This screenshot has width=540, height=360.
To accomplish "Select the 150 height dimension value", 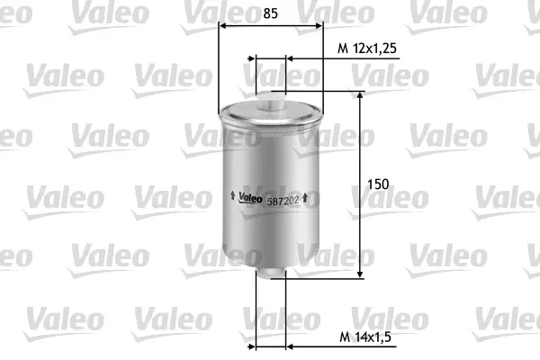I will pos(379,184).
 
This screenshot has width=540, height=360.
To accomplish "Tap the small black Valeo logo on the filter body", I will pos(249,198).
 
